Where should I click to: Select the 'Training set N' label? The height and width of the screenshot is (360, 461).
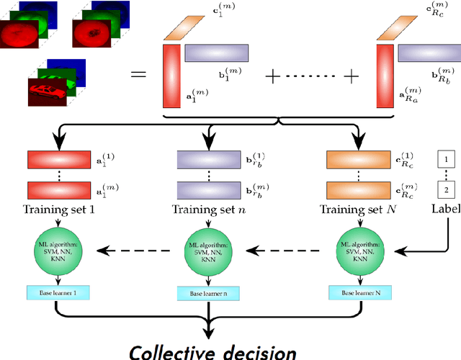tap(357, 210)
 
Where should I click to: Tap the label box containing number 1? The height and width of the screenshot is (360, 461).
tap(447, 157)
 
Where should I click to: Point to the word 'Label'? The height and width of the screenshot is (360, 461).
tap(446, 210)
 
